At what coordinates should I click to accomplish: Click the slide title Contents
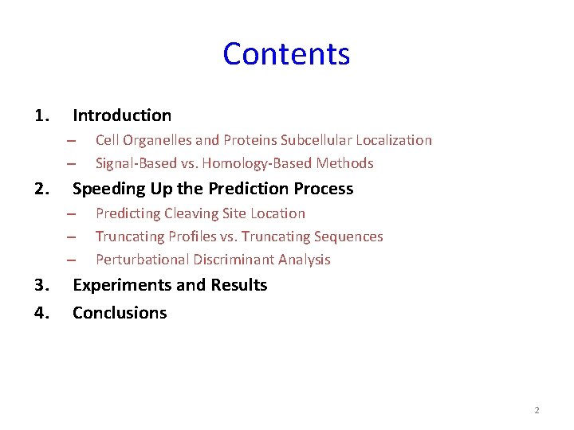286,54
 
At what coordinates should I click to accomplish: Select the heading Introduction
122,115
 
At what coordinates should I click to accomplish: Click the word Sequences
350,236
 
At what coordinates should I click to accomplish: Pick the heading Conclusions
120,313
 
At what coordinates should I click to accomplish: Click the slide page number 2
537,410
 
